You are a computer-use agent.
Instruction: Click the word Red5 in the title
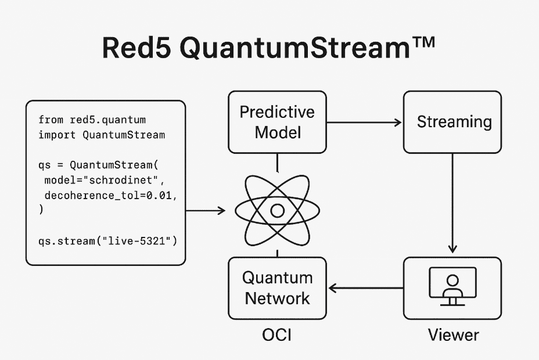coord(136,48)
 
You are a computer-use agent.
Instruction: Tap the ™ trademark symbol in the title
coord(423,42)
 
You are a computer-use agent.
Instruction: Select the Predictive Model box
coord(278,122)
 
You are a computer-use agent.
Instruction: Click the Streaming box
coord(452,122)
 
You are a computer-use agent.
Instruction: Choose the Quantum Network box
coord(278,288)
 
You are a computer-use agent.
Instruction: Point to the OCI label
coord(276,335)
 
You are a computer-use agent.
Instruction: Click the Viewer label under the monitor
coord(454,335)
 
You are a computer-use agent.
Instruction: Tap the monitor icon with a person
coord(452,286)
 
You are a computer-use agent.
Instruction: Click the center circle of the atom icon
coord(278,211)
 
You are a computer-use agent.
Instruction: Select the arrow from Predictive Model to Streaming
coord(364,123)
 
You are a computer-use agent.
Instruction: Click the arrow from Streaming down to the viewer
coord(452,203)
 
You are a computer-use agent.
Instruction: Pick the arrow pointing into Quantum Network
coord(366,288)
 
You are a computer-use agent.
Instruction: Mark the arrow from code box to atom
coord(206,211)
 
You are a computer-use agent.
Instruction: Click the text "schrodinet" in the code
coord(120,181)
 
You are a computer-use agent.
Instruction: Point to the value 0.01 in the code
coord(159,196)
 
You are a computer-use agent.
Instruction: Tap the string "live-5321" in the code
coord(136,241)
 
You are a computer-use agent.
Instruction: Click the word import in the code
coord(57,135)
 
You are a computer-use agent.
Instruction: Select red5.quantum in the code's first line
coord(108,120)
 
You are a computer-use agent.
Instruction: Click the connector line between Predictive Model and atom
coord(278,163)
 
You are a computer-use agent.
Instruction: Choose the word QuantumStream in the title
coord(295,48)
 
